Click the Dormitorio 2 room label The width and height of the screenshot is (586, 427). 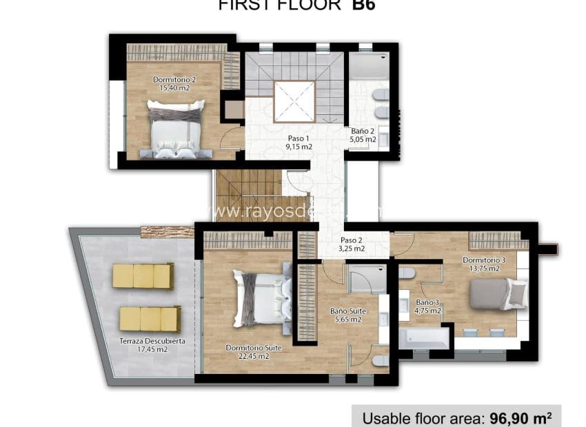[174, 83]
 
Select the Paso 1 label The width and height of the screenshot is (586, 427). [299, 142]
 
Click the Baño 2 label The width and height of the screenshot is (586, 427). [363, 135]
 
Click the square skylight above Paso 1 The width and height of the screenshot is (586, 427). [294, 101]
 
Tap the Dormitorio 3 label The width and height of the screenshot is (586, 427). [484, 264]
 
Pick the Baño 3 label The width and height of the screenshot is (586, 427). [428, 306]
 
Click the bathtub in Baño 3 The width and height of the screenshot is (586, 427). [424, 337]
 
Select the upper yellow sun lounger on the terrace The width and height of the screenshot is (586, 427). [143, 275]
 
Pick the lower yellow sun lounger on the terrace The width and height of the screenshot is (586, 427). [150, 319]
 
